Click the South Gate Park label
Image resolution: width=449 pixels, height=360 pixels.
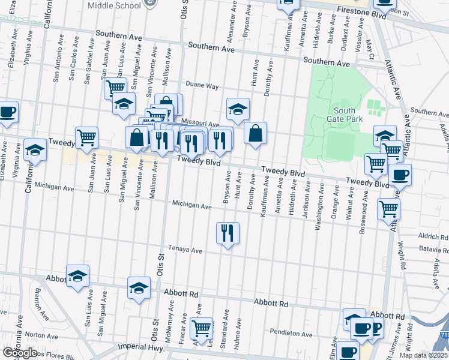click(x=345, y=115)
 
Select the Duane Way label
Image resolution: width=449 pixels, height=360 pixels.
click(x=202, y=86)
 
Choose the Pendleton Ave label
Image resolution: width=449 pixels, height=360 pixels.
click(x=291, y=334)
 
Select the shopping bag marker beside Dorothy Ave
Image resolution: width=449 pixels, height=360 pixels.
click(x=256, y=134)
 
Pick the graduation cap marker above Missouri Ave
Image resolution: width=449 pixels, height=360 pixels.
click(x=238, y=110)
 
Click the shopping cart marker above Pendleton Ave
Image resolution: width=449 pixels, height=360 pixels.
click(x=201, y=328)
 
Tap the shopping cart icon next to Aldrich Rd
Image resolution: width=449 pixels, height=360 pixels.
click(x=388, y=209)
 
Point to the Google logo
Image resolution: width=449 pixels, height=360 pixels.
click(x=20, y=353)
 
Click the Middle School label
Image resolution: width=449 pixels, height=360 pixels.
click(x=114, y=5)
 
